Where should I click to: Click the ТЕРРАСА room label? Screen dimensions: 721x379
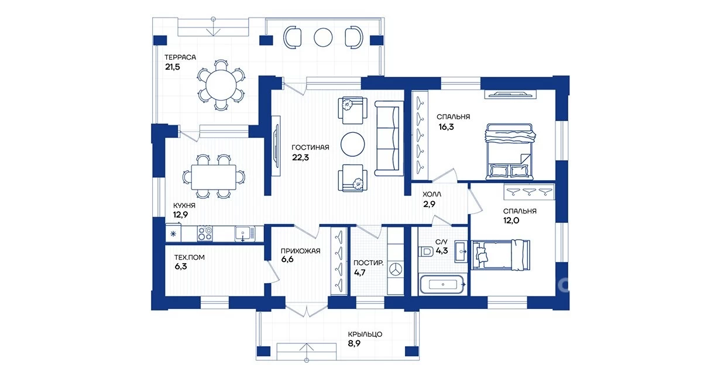[180, 57]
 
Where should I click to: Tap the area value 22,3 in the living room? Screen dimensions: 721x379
[300, 157]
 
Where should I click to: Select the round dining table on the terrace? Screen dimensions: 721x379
[221, 85]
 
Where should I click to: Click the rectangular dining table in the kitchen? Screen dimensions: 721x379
[214, 177]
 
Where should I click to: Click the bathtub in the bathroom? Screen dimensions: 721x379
[442, 284]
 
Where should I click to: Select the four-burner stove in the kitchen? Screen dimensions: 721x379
[205, 233]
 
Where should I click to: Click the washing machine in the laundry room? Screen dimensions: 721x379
[396, 269]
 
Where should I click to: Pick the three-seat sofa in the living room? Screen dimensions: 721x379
[389, 139]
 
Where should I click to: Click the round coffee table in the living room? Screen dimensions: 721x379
[352, 144]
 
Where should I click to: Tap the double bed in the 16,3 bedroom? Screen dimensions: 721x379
[510, 151]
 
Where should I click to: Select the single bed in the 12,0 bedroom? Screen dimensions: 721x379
[500, 255]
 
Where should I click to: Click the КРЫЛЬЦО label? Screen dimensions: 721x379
[365, 335]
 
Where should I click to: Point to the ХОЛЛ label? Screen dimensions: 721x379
[432, 194]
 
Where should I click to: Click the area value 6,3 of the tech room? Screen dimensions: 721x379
[181, 266]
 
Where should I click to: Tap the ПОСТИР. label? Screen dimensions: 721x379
[368, 263]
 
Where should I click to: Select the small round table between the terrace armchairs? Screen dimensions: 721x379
[323, 37]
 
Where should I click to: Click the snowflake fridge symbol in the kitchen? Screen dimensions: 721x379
[173, 234]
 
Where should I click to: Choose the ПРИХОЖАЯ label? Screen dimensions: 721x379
[300, 251]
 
